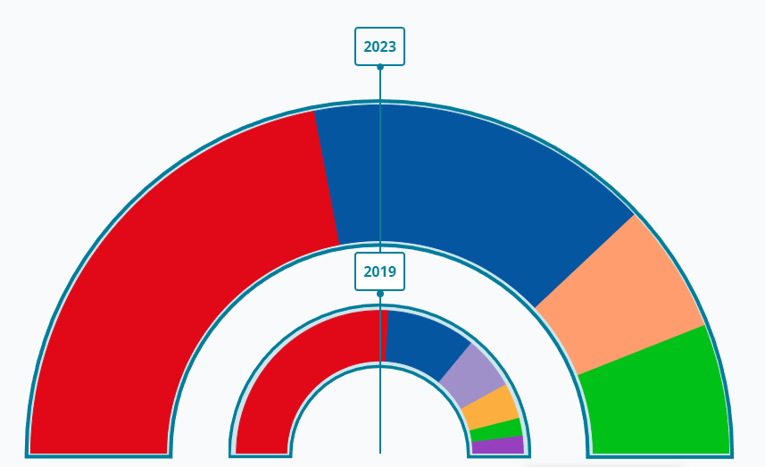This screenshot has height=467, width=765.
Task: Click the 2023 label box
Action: [x=379, y=46]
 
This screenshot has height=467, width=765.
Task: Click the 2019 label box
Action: [x=379, y=271]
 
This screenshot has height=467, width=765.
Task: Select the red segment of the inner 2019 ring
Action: [x=295, y=375]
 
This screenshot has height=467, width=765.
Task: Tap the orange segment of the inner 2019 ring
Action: [x=490, y=407]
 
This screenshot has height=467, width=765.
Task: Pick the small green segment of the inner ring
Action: [x=496, y=429]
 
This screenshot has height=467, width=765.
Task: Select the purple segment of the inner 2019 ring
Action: [x=498, y=445]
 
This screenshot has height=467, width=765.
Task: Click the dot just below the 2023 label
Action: [x=379, y=67]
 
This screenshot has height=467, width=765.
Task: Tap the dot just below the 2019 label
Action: [x=379, y=293]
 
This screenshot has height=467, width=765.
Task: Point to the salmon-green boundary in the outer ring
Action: [x=643, y=349]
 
